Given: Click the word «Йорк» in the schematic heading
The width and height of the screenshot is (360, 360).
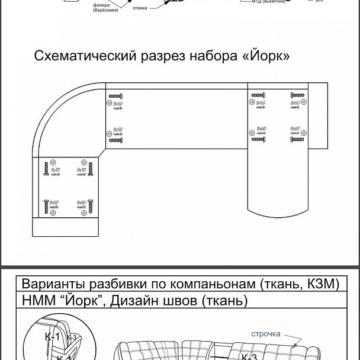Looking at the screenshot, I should [266, 57].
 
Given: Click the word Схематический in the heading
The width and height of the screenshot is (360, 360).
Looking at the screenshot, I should [84, 57].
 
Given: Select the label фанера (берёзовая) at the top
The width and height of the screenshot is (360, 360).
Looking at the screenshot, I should [105, 8].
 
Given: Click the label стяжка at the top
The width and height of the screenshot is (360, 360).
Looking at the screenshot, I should [140, 8].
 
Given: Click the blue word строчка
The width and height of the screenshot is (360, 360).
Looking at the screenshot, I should [265, 334].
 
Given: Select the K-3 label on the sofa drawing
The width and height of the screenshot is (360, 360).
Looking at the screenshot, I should [249, 357].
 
